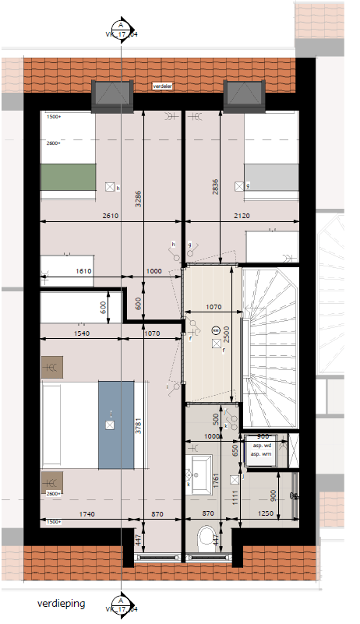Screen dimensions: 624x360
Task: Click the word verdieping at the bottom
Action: (x=62, y=604)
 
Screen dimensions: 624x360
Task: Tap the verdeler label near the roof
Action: (x=163, y=86)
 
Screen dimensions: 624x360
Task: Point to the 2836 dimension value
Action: (x=214, y=185)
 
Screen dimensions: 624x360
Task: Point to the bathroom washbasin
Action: (x=202, y=471)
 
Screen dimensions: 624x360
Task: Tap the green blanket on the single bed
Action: (x=67, y=178)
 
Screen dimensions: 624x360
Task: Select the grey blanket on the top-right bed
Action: (x=272, y=178)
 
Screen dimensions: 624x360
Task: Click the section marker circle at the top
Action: (x=121, y=25)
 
